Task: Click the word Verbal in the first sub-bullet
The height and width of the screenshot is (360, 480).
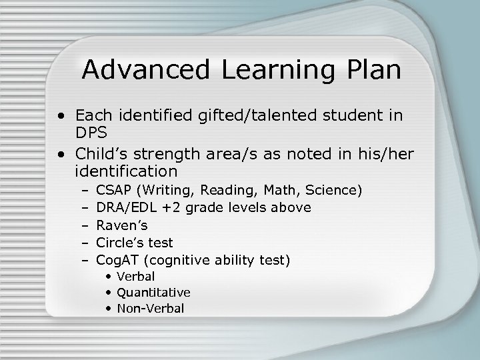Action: click(135, 277)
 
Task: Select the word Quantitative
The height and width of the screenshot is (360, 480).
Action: click(153, 293)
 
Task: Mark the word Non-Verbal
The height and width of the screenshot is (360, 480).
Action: click(150, 309)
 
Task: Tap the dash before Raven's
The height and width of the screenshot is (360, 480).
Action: click(85, 225)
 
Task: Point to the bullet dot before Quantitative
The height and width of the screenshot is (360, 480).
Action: click(109, 293)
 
